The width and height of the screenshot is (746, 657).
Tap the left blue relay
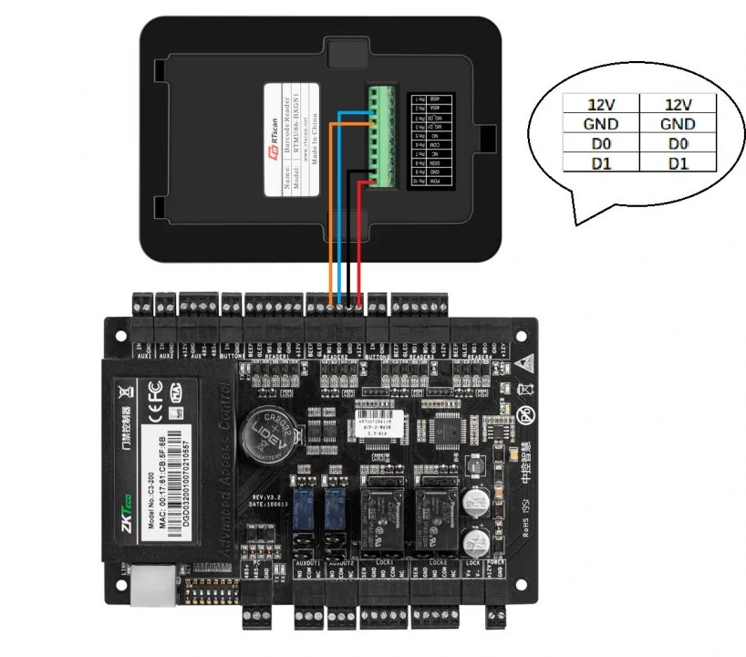pyautogui.click(x=309, y=506)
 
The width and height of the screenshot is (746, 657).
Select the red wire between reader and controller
pyautogui.click(x=360, y=237)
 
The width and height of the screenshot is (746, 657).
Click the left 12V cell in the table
pyautogui.click(x=600, y=105)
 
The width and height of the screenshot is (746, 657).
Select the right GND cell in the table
pyautogui.click(x=679, y=124)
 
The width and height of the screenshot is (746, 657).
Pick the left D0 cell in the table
pyautogui.click(x=600, y=144)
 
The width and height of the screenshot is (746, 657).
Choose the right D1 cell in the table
pyautogui.click(x=679, y=163)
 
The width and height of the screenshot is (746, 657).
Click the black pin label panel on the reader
pyautogui.click(x=421, y=138)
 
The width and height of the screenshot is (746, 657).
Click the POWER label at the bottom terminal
pyautogui.click(x=496, y=562)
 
